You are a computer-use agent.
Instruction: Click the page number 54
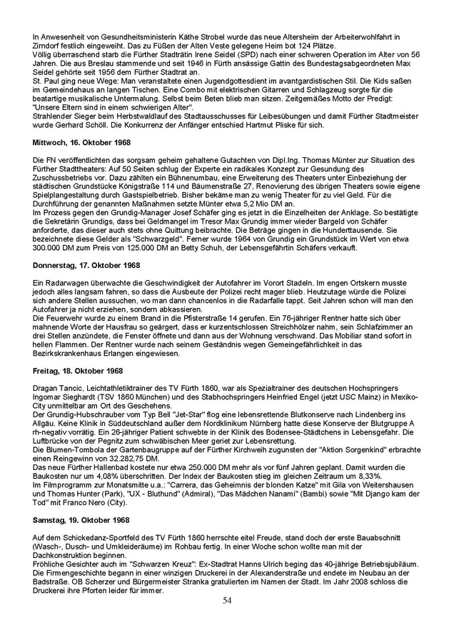226,619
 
